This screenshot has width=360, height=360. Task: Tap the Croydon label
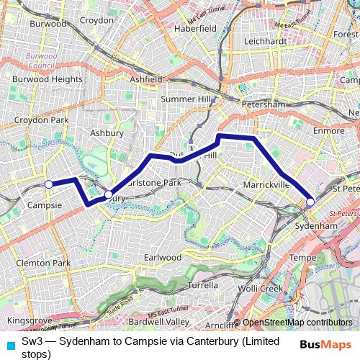point(96,20)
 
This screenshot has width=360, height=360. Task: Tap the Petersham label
point(264,104)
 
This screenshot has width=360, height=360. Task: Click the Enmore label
point(329,131)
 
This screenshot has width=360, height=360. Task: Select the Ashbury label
point(107,133)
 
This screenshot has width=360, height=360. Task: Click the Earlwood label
point(163,257)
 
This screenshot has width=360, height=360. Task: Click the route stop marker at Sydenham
point(310,202)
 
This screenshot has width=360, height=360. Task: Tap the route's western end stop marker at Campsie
point(49,184)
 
